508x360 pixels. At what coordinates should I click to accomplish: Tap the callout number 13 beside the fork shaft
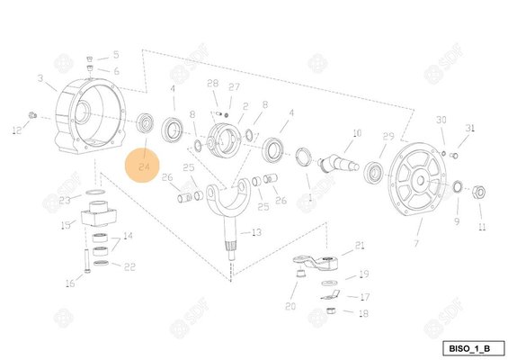tap(257, 232)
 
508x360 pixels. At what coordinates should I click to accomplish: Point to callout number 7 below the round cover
tap(416, 244)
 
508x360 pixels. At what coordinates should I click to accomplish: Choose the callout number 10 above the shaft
tap(356, 132)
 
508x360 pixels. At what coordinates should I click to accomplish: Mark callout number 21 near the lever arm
tap(361, 245)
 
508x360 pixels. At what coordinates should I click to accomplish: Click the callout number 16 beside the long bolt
tap(70, 283)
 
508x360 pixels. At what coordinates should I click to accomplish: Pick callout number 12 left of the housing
tap(15, 131)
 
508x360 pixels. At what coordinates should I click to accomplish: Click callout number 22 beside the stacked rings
tap(129, 266)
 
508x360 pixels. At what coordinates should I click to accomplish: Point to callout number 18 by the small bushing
tap(363, 313)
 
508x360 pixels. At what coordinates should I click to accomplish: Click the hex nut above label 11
tap(479, 191)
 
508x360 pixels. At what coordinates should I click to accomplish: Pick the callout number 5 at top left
tap(115, 55)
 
